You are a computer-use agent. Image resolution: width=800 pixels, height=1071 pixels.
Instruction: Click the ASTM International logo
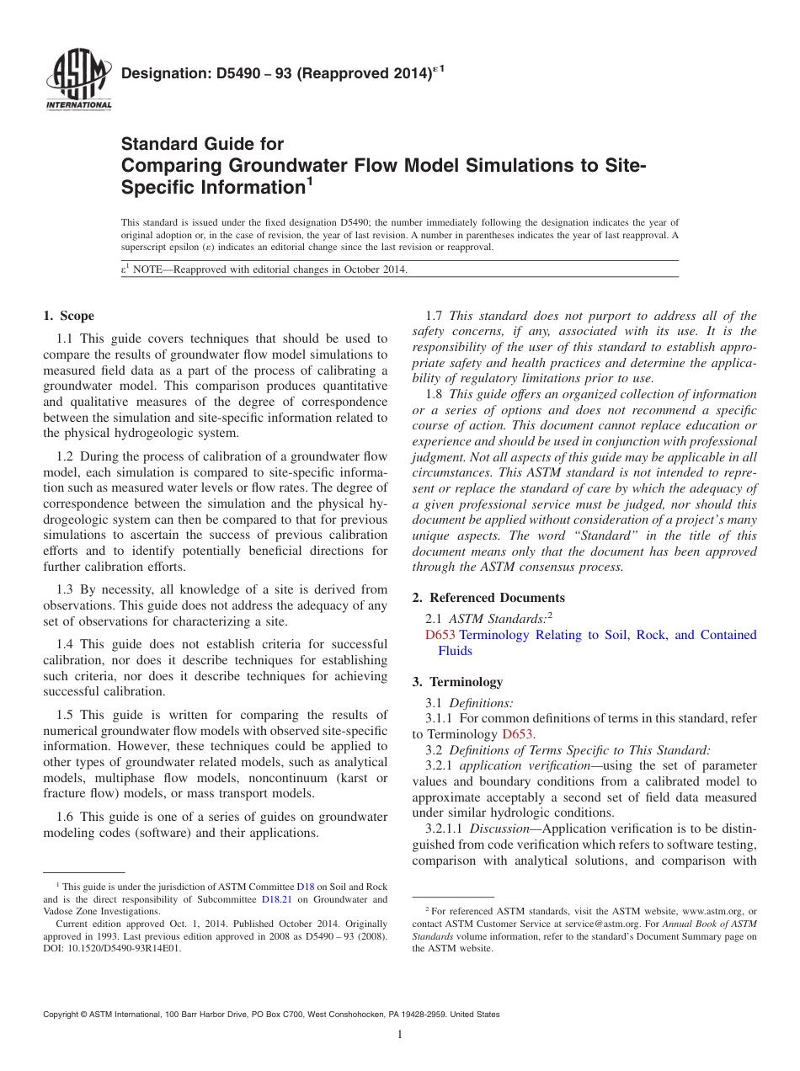pyautogui.click(x=77, y=79)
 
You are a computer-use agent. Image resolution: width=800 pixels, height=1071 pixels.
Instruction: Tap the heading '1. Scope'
pyautogui.click(x=68, y=316)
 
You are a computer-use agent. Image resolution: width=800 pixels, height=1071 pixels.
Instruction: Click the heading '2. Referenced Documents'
pyautogui.click(x=488, y=598)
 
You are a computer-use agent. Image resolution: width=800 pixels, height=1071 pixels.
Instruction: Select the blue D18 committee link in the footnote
pyautogui.click(x=305, y=887)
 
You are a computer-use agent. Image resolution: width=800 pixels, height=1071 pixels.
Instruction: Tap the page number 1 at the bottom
pyautogui.click(x=400, y=1035)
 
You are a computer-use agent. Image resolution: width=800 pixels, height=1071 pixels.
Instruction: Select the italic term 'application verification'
pyautogui.click(x=524, y=765)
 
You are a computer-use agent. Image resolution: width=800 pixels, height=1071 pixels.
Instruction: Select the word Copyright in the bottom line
pyautogui.click(x=63, y=1015)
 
